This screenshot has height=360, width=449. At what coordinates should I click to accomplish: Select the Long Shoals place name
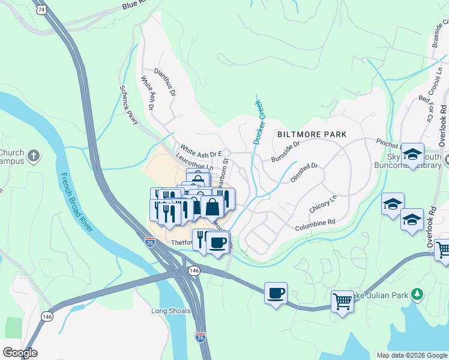tap(171, 311)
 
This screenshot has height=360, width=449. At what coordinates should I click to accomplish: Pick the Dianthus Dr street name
tap(165, 82)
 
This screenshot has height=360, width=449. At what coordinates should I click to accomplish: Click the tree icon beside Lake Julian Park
tap(422, 294)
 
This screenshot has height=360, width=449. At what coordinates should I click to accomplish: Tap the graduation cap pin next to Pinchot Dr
tap(412, 155)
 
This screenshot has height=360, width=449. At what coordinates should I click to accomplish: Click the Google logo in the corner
tap(20, 353)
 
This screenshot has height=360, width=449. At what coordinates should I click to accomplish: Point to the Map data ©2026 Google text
tap(411, 355)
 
